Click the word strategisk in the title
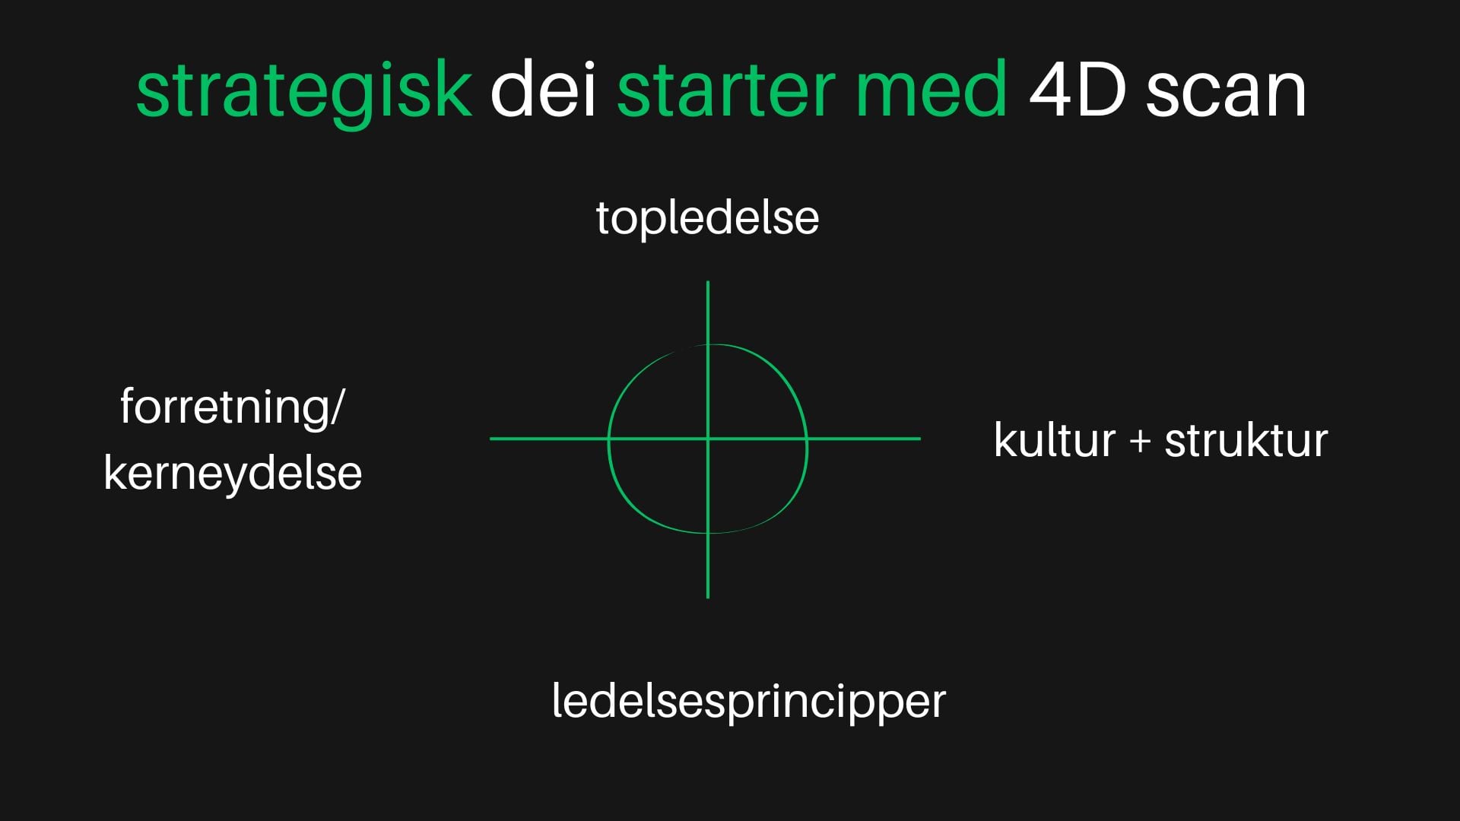point(304,91)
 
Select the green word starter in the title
point(727,91)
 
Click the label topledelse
point(707,218)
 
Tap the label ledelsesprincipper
point(749,702)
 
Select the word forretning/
point(232,408)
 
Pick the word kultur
point(1054,441)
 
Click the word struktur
point(1246,441)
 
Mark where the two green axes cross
point(708,439)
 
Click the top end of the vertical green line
point(708,282)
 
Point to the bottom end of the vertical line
point(708,598)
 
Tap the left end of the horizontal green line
point(490,439)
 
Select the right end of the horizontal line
point(920,439)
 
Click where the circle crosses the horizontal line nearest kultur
point(807,439)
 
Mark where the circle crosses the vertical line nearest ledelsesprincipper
point(708,532)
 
